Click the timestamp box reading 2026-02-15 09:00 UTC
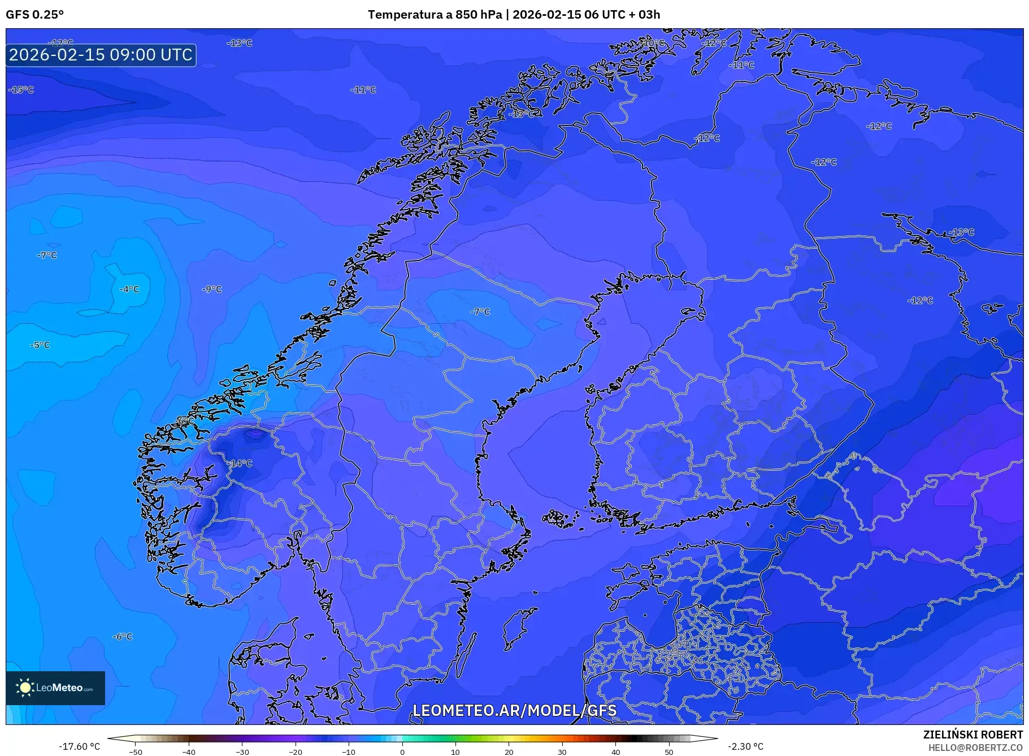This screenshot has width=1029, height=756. (x=101, y=55)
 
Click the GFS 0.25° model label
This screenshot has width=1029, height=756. (x=34, y=15)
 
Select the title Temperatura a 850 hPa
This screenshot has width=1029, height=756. (x=435, y=15)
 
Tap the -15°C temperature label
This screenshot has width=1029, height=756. (x=21, y=90)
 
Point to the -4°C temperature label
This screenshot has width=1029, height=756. (x=129, y=289)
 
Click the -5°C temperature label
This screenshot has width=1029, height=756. (x=40, y=345)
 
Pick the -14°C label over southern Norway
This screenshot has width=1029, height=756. (x=241, y=463)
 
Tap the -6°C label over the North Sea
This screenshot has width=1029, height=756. (x=123, y=637)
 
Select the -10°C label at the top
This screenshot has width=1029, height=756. (x=653, y=43)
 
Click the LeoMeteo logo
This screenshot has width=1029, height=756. (x=55, y=688)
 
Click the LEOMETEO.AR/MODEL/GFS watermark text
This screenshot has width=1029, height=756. (x=514, y=710)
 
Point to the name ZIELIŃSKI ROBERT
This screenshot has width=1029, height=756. (x=972, y=735)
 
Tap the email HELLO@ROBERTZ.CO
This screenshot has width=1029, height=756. (x=975, y=748)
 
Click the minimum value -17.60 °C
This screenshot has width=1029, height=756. (x=80, y=746)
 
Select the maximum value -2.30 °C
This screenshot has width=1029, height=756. (x=745, y=746)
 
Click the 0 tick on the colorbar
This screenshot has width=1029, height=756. (x=402, y=751)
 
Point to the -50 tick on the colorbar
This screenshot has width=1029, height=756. (x=136, y=751)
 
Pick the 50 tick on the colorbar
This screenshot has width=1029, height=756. (x=669, y=751)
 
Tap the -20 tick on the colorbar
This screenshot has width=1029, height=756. (x=296, y=751)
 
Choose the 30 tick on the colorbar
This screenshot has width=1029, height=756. (x=562, y=751)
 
